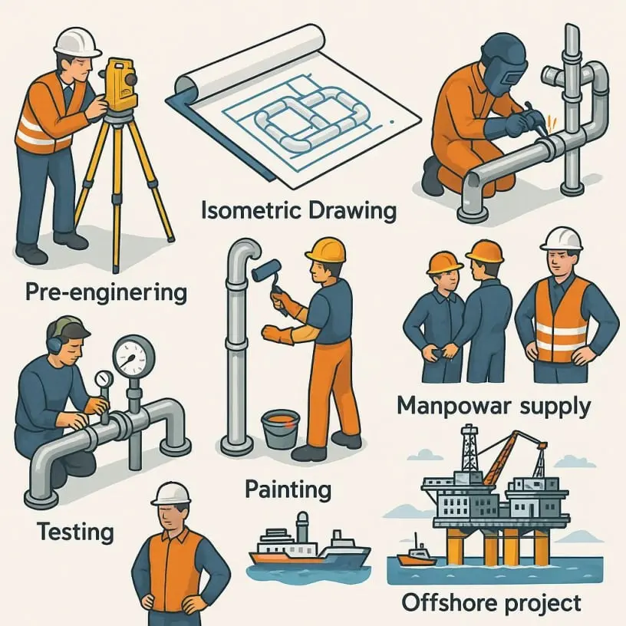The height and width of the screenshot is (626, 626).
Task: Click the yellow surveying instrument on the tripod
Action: click(119, 85)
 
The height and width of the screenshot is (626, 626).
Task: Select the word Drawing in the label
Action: click(353, 212)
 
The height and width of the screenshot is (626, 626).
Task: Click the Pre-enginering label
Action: click(106, 292)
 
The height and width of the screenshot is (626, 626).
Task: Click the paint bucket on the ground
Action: click(280, 430)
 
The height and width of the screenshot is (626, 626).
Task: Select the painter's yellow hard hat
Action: click(326, 251)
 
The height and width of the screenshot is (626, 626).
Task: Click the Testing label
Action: click(75, 532)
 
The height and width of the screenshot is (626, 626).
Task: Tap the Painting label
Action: click(288, 489)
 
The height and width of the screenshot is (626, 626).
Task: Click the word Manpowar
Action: click(454, 406)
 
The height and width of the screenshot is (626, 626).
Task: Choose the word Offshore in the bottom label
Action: click(446, 602)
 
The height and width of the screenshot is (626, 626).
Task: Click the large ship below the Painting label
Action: click(310, 549)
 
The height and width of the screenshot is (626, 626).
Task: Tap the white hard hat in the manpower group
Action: click(561, 239)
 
